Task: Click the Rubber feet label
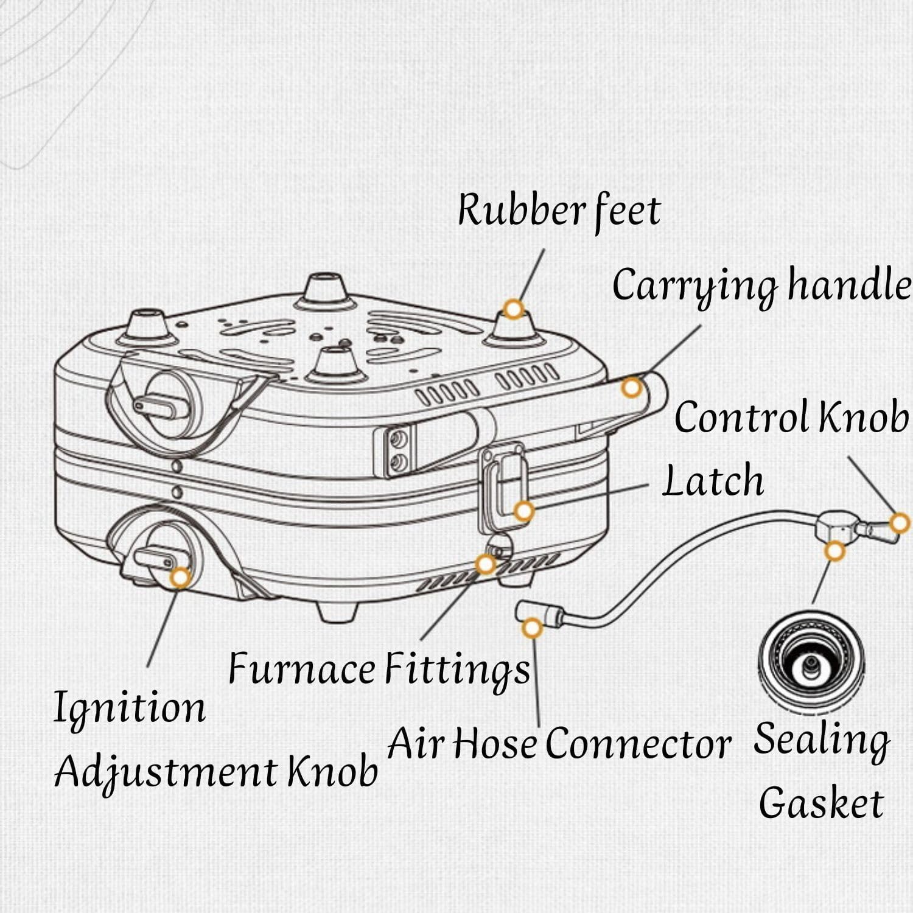pyautogui.click(x=559, y=210)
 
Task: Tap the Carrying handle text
pyautogui.click(x=761, y=285)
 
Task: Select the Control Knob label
pyautogui.click(x=791, y=418)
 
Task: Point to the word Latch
pyautogui.click(x=713, y=481)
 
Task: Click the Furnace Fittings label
pyautogui.click(x=379, y=669)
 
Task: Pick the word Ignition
pyautogui.click(x=130, y=708)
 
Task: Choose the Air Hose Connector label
pyautogui.click(x=559, y=744)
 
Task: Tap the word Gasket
pyautogui.click(x=821, y=803)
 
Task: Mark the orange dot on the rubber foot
pyautogui.click(x=514, y=309)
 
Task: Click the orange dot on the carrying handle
pyautogui.click(x=632, y=387)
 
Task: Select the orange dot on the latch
pyautogui.click(x=523, y=511)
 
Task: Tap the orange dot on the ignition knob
pyautogui.click(x=180, y=578)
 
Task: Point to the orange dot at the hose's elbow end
pyautogui.click(x=532, y=628)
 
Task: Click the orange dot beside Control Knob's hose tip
pyautogui.click(x=900, y=523)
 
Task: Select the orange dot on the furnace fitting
pyautogui.click(x=485, y=564)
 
